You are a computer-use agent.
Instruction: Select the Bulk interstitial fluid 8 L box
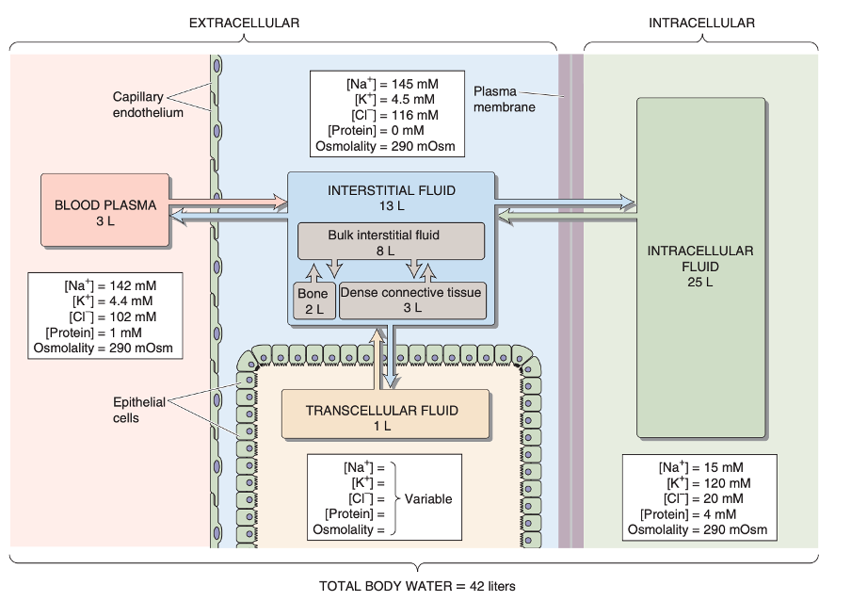click(391, 242)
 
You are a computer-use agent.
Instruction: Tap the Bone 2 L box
click(313, 301)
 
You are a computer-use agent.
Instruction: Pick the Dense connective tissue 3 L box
click(411, 300)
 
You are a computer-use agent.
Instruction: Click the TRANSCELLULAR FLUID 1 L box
click(382, 417)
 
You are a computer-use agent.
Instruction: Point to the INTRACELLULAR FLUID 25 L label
click(700, 266)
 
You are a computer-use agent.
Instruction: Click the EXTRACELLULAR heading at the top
click(244, 23)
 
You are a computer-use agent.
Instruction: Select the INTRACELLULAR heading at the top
click(701, 23)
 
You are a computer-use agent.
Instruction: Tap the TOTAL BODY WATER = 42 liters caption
click(417, 585)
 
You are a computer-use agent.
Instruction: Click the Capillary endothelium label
click(138, 105)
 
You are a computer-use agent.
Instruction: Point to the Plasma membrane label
click(504, 99)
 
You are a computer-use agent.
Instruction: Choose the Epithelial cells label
click(139, 410)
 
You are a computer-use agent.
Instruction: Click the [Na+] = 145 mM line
click(392, 84)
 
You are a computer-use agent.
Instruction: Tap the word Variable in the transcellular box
click(428, 498)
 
